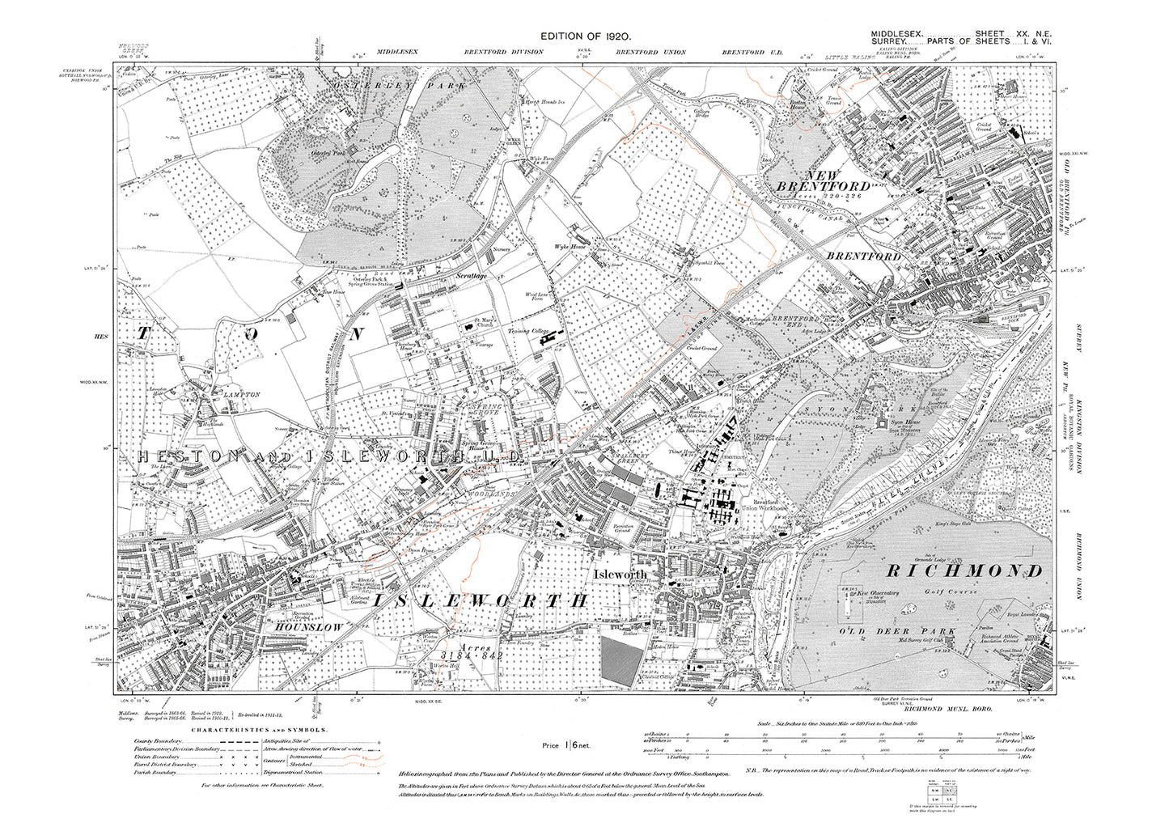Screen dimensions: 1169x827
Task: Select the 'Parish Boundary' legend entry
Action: click(159, 785)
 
